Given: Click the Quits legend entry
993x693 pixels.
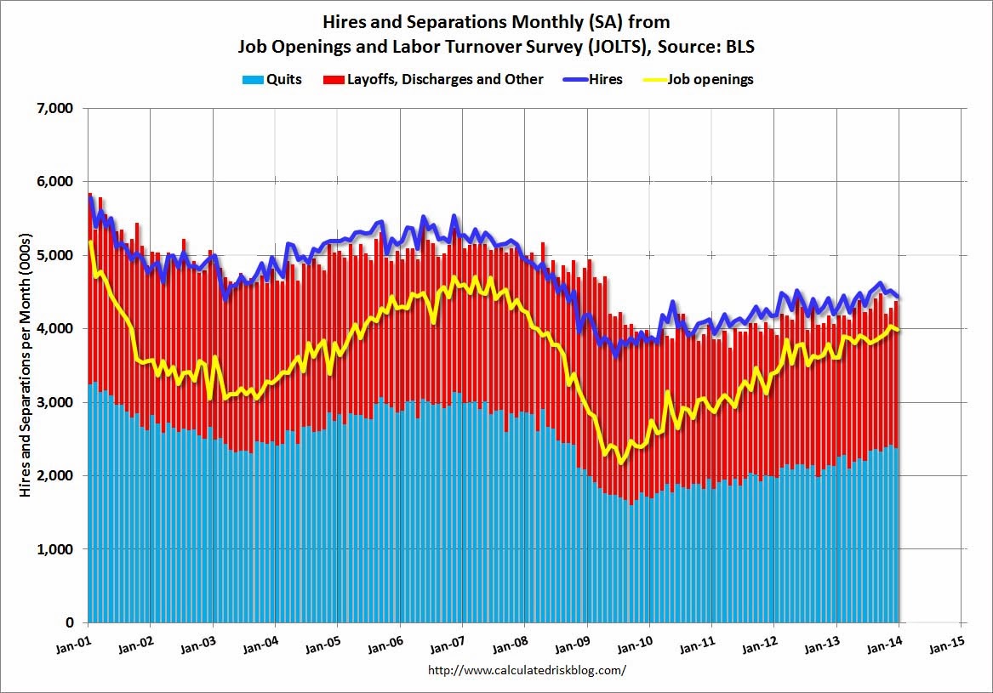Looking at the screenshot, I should click(x=272, y=80).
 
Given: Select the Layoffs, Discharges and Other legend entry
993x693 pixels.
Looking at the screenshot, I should click(x=433, y=80).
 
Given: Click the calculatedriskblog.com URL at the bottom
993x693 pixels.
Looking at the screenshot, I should click(x=527, y=669).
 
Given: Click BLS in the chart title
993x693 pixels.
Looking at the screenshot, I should click(x=740, y=48).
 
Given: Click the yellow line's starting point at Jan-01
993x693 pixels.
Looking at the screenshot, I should click(x=89, y=242).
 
